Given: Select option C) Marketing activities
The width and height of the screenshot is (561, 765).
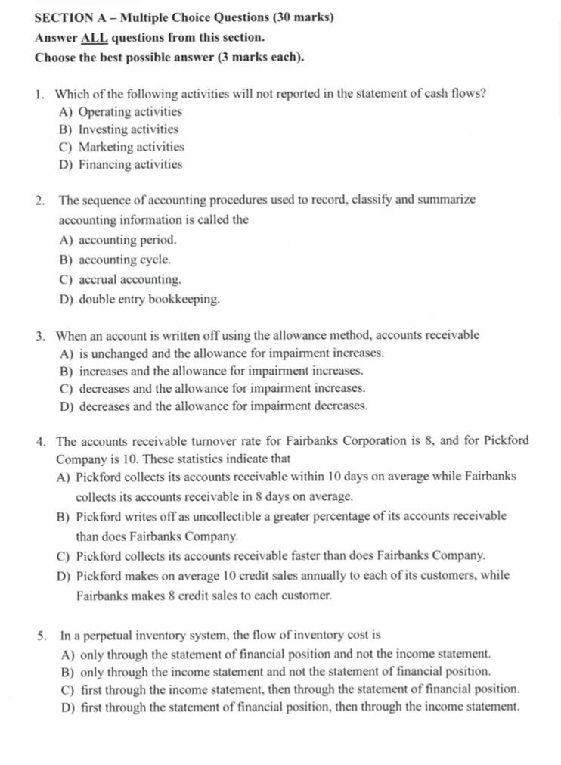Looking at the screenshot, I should point(121,147).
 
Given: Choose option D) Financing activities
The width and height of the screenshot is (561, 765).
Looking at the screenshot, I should point(120,164).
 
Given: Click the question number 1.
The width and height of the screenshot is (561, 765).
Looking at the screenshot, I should point(39,94).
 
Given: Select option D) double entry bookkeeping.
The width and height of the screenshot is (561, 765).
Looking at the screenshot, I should point(139,299).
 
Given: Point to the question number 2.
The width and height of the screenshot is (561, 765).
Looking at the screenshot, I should point(39,201).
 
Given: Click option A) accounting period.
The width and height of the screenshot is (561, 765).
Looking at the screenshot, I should point(117,240).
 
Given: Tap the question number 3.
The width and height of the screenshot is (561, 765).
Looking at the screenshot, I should point(39,335).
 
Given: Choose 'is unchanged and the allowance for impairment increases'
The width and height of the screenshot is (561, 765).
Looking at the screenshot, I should point(231,353).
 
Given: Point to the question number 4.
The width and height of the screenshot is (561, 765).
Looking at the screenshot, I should point(39,441).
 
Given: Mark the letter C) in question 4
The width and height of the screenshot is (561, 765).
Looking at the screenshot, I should point(63,555).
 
